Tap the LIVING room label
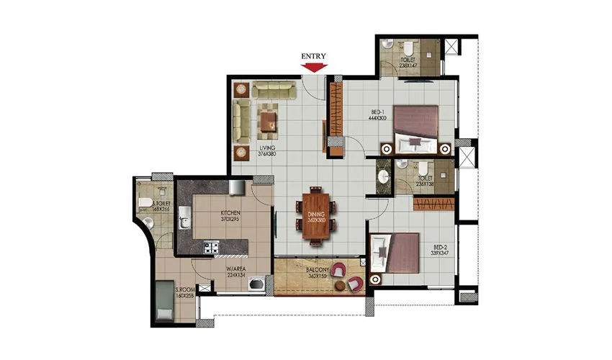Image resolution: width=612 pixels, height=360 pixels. click(268, 150)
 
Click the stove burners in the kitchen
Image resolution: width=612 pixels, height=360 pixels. click(212, 248)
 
